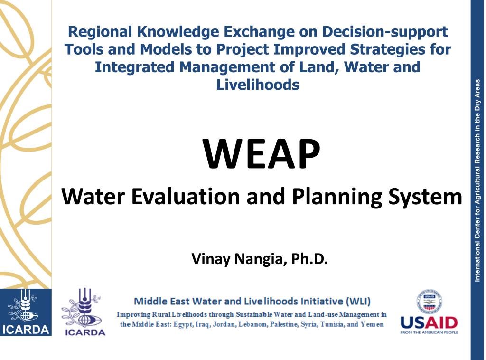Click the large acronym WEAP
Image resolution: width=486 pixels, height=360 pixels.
pos(262,154)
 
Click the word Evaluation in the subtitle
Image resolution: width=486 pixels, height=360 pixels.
pos(186,197)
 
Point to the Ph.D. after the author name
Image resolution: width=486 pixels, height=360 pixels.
pos(309,259)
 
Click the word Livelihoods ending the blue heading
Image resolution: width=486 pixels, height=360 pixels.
pos(258,85)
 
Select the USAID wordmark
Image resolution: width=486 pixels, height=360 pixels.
pos(429,323)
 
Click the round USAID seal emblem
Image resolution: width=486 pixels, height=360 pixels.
pos(429,301)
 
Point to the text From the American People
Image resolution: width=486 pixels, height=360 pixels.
pos(429,332)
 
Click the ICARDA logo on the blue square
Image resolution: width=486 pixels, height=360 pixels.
pos(26,312)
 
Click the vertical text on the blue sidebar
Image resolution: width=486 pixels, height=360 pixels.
pos(477,180)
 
